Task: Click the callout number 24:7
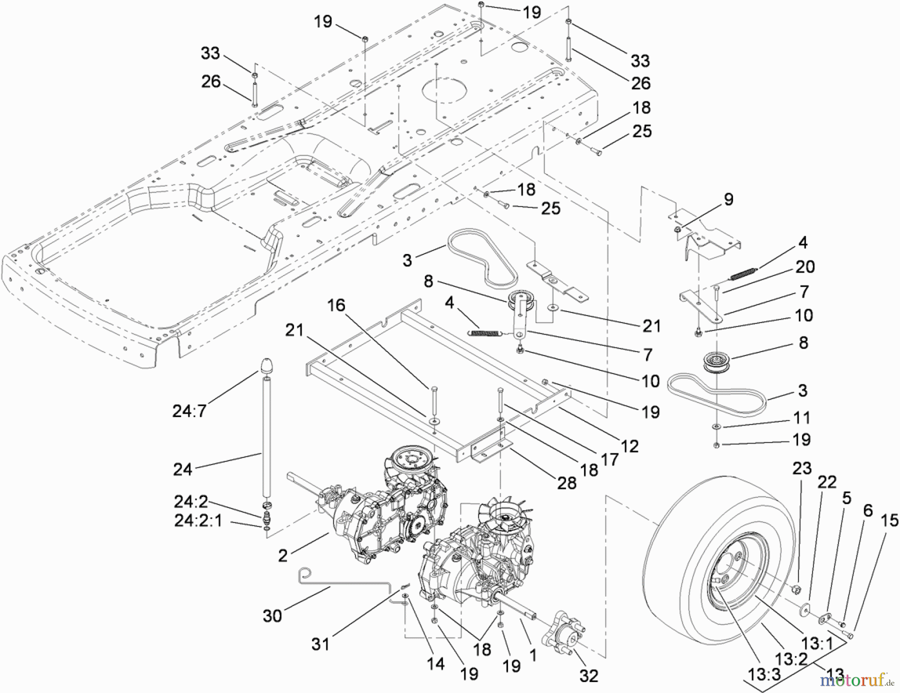tap(189, 411)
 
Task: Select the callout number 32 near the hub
tap(588, 676)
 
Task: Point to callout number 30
tap(272, 616)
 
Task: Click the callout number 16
tap(336, 305)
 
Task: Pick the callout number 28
tap(566, 482)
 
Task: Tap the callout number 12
tap(629, 446)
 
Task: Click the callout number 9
tap(728, 199)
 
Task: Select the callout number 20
tap(804, 266)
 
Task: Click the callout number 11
tap(801, 417)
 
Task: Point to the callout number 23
tap(802, 468)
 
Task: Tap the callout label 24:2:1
tap(198, 520)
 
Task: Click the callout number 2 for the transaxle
tap(283, 555)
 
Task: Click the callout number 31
tap(320, 644)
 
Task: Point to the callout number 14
tap(435, 663)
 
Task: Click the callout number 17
tap(609, 459)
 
